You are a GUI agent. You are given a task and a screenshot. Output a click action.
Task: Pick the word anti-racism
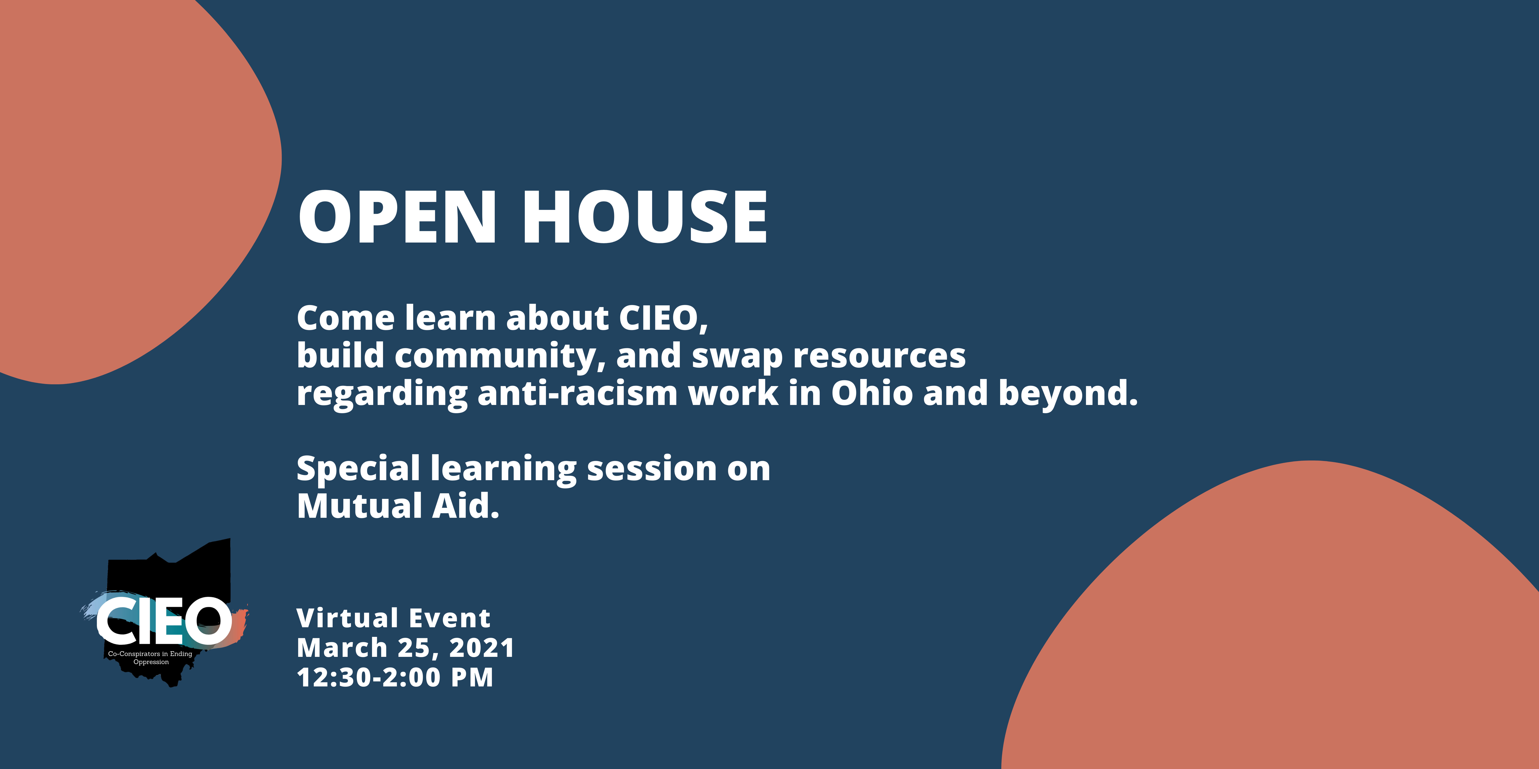578,393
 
